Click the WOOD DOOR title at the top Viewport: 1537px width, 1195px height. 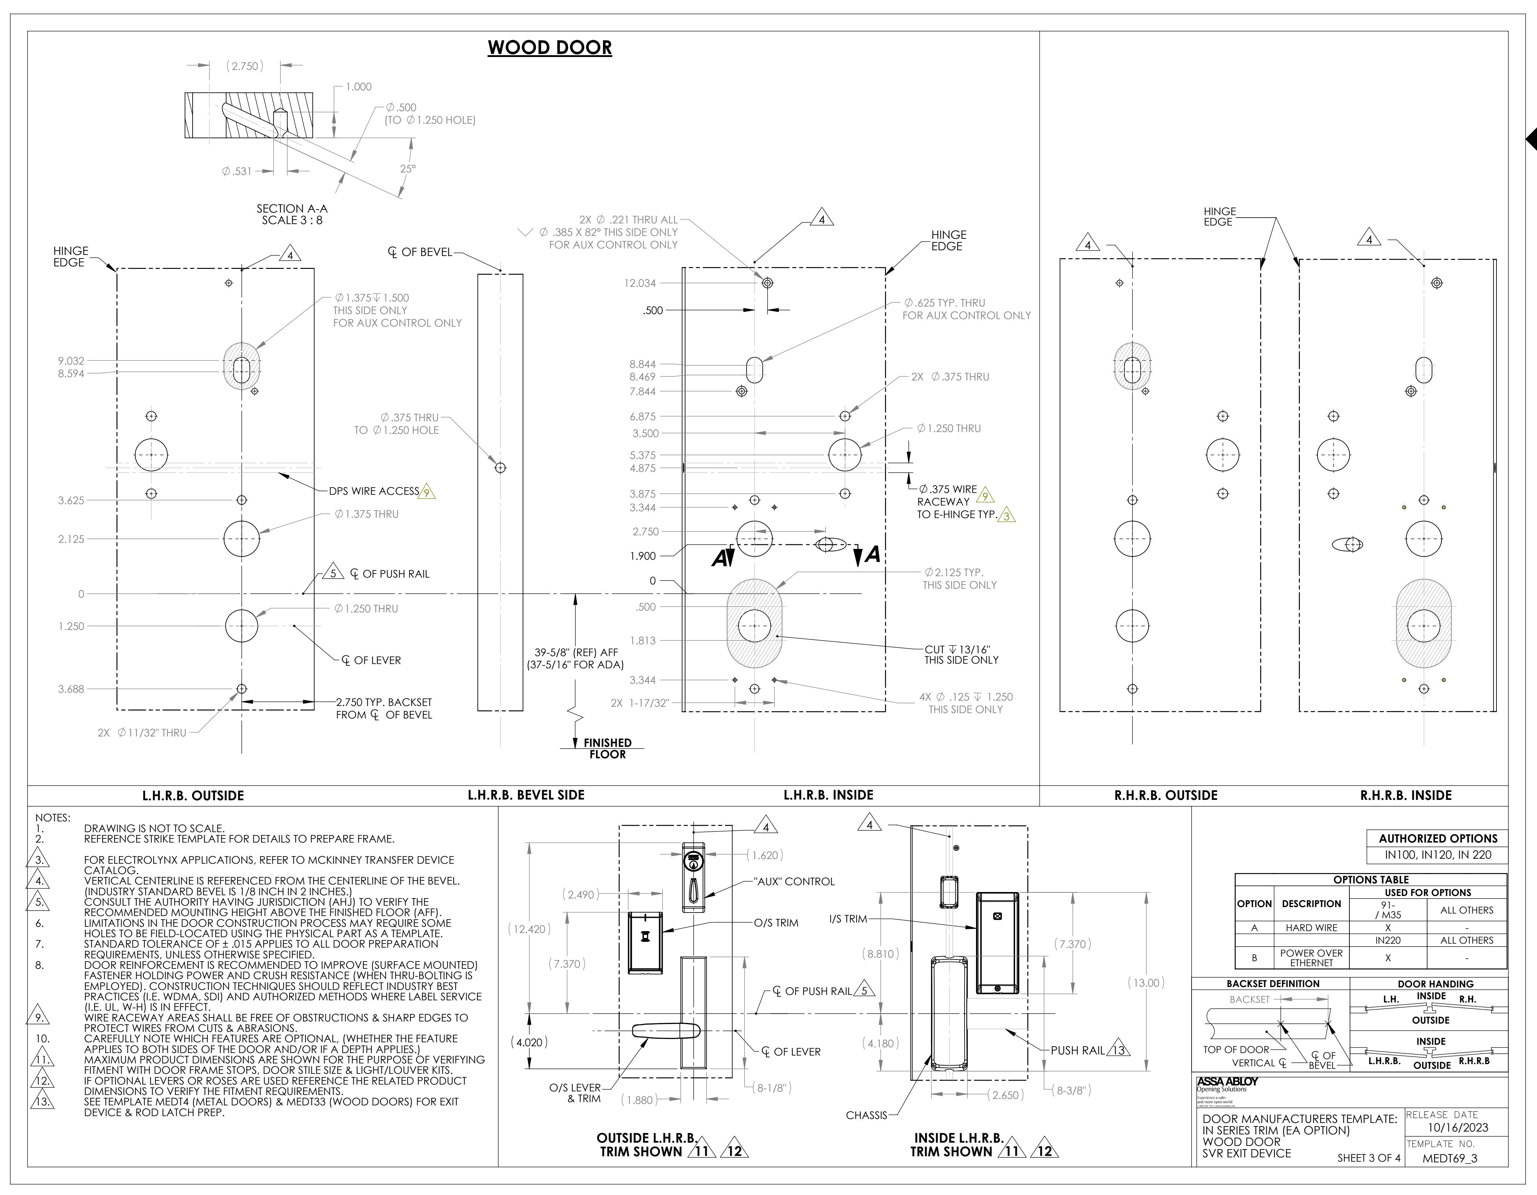coord(550,48)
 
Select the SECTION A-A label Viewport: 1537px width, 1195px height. coord(292,209)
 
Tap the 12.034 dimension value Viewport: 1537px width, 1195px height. coord(640,284)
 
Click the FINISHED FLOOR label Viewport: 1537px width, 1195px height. coord(607,748)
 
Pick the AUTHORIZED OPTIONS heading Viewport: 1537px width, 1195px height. coord(1438,838)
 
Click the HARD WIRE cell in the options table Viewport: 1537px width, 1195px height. coord(1311,928)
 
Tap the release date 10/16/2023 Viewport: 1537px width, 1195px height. coord(1457,1128)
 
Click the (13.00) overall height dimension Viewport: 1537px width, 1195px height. coord(1146,983)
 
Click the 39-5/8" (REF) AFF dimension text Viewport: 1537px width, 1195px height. coord(576,653)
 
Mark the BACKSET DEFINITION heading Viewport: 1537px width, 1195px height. coord(1273,984)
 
